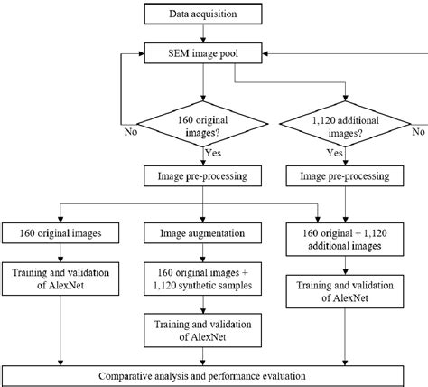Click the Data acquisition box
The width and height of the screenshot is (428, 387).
pos(203,14)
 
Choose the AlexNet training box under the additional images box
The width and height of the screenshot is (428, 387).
pos(346,292)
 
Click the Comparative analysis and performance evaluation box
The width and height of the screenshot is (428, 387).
pos(213,374)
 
